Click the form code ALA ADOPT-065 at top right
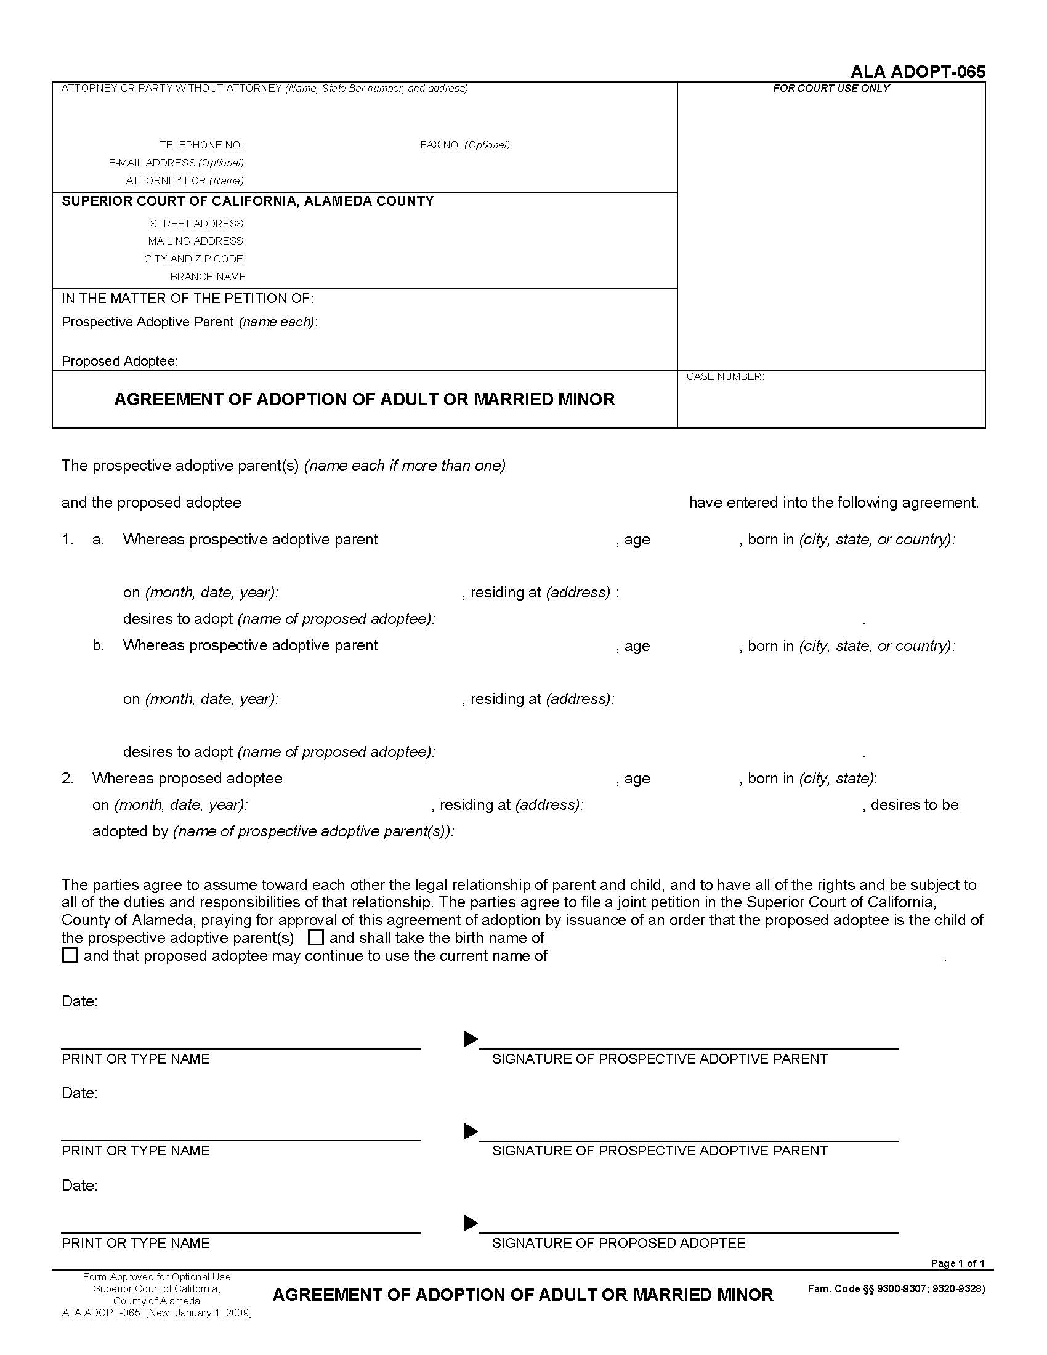tap(918, 71)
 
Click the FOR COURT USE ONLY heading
tap(831, 89)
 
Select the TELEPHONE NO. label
tap(202, 145)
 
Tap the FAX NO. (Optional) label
tap(465, 145)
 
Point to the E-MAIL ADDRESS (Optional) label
tap(177, 163)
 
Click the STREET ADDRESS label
tap(197, 224)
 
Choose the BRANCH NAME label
tap(208, 277)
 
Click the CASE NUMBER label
tap(724, 376)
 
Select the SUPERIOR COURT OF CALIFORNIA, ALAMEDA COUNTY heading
tap(248, 201)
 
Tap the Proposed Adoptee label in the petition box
tap(119, 361)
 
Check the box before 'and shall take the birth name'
tap(316, 937)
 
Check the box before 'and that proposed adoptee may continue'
tap(70, 955)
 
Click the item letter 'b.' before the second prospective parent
tap(99, 645)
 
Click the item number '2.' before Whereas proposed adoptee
tap(68, 778)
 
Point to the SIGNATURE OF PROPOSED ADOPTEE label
tap(618, 1243)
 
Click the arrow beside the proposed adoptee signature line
tap(471, 1223)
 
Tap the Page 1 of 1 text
tap(957, 1263)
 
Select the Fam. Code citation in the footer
tap(895, 1288)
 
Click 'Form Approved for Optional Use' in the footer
tap(156, 1277)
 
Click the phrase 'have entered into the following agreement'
tap(833, 503)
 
